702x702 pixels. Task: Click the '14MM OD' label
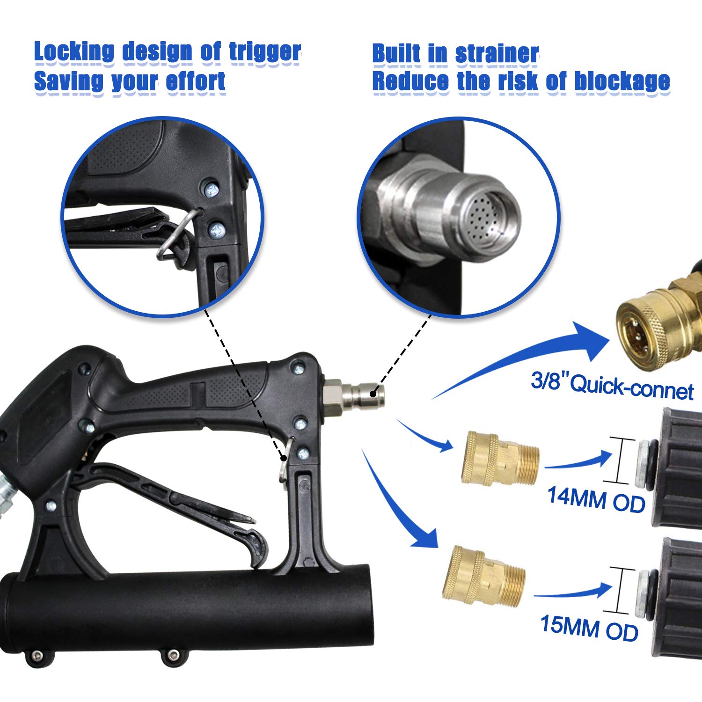pyautogui.click(x=596, y=499)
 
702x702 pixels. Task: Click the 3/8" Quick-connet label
pyautogui.click(x=612, y=387)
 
